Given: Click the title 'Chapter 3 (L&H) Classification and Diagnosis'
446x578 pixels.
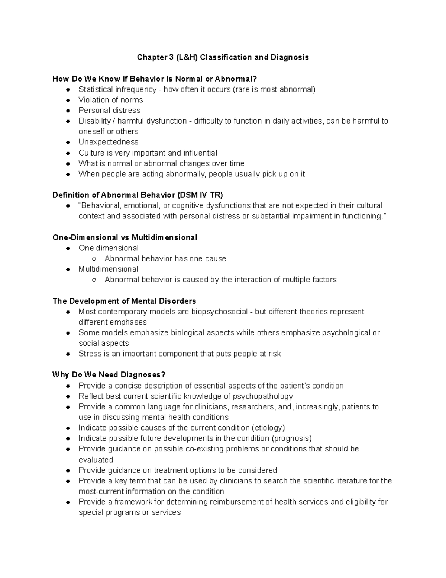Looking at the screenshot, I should coord(223,57).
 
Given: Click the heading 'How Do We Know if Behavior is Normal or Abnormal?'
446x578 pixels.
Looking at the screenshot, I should coord(155,79).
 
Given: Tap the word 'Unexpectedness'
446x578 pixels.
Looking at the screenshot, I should coord(108,142).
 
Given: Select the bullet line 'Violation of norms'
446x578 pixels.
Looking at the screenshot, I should coord(110,100).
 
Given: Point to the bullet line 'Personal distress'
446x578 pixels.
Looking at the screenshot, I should coord(109,110).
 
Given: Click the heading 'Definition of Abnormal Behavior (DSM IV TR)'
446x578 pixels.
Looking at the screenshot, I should coord(138,195).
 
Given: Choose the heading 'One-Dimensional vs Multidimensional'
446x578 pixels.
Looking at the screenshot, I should coord(125,237).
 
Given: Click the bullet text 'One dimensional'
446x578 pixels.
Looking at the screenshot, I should coord(108,248).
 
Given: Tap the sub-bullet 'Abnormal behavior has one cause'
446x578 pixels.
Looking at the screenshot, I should coord(165,258).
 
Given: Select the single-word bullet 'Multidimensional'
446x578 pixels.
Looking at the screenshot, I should coord(108,269).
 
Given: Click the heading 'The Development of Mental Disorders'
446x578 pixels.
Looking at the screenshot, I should coord(124,301).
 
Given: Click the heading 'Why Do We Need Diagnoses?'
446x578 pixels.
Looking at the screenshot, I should coord(109,375).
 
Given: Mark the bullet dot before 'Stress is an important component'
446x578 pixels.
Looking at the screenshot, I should coord(68,354).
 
